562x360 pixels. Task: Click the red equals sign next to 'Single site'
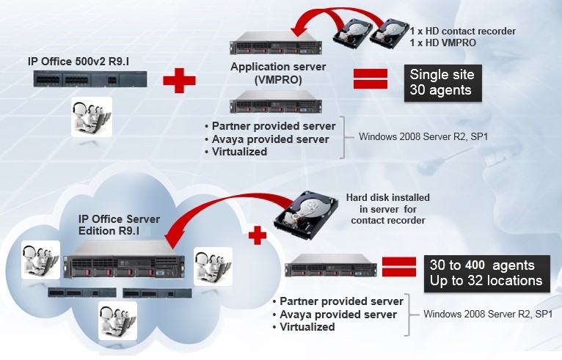[371, 78]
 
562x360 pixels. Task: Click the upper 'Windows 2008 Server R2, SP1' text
[415, 136]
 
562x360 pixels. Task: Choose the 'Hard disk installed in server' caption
[387, 209]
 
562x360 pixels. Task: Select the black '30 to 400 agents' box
[485, 272]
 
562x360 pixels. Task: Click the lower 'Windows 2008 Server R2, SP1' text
[488, 315]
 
